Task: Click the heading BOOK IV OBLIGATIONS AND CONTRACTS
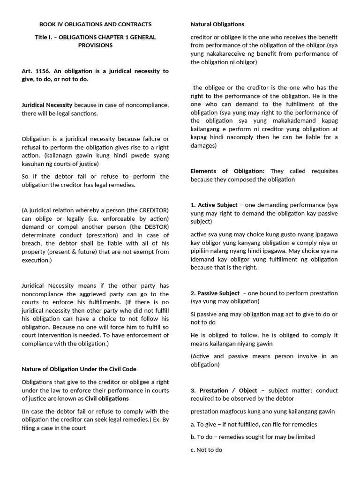point(95,24)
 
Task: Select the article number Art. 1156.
point(36,71)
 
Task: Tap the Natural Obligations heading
point(217,24)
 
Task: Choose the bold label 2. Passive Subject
point(215,293)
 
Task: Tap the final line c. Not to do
point(206,450)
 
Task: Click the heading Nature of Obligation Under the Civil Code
point(79,369)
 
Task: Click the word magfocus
point(235,412)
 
